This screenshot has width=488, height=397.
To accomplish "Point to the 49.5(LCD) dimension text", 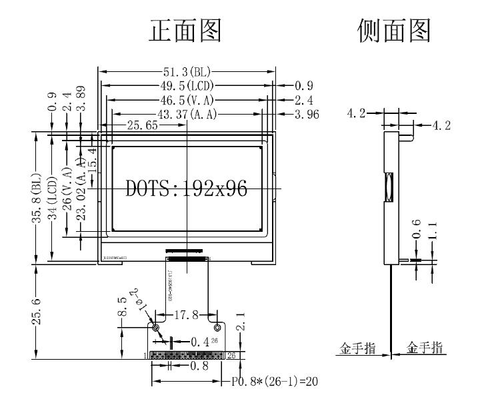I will click(187, 85).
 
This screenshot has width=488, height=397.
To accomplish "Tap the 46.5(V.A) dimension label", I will click(187, 100).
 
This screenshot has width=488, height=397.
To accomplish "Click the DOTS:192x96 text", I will click(187, 189).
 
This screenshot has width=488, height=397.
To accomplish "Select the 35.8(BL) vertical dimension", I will click(38, 197).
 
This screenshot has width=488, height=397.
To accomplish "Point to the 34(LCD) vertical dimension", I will click(53, 197).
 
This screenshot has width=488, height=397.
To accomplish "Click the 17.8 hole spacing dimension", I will click(187, 314).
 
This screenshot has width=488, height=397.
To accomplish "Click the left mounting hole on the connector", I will click(155, 328).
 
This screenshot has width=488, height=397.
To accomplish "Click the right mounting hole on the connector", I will click(217, 328).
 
